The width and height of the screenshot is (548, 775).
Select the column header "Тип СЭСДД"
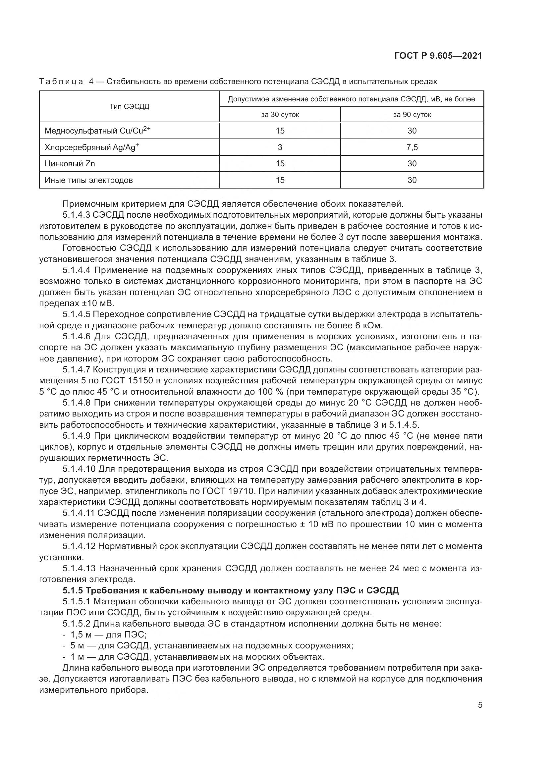129,107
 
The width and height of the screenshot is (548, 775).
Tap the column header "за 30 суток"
280,115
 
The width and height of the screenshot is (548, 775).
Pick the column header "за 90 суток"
412,115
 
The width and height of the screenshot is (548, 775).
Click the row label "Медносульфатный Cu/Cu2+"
97,131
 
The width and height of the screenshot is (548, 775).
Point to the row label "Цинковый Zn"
70,164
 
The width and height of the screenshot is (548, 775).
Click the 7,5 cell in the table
412,147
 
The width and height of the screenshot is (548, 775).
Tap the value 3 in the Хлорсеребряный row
280,147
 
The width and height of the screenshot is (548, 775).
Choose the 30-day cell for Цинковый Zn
280,164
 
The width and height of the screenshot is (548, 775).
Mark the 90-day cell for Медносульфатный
412,131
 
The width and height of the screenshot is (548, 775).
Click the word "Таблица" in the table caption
61,82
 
